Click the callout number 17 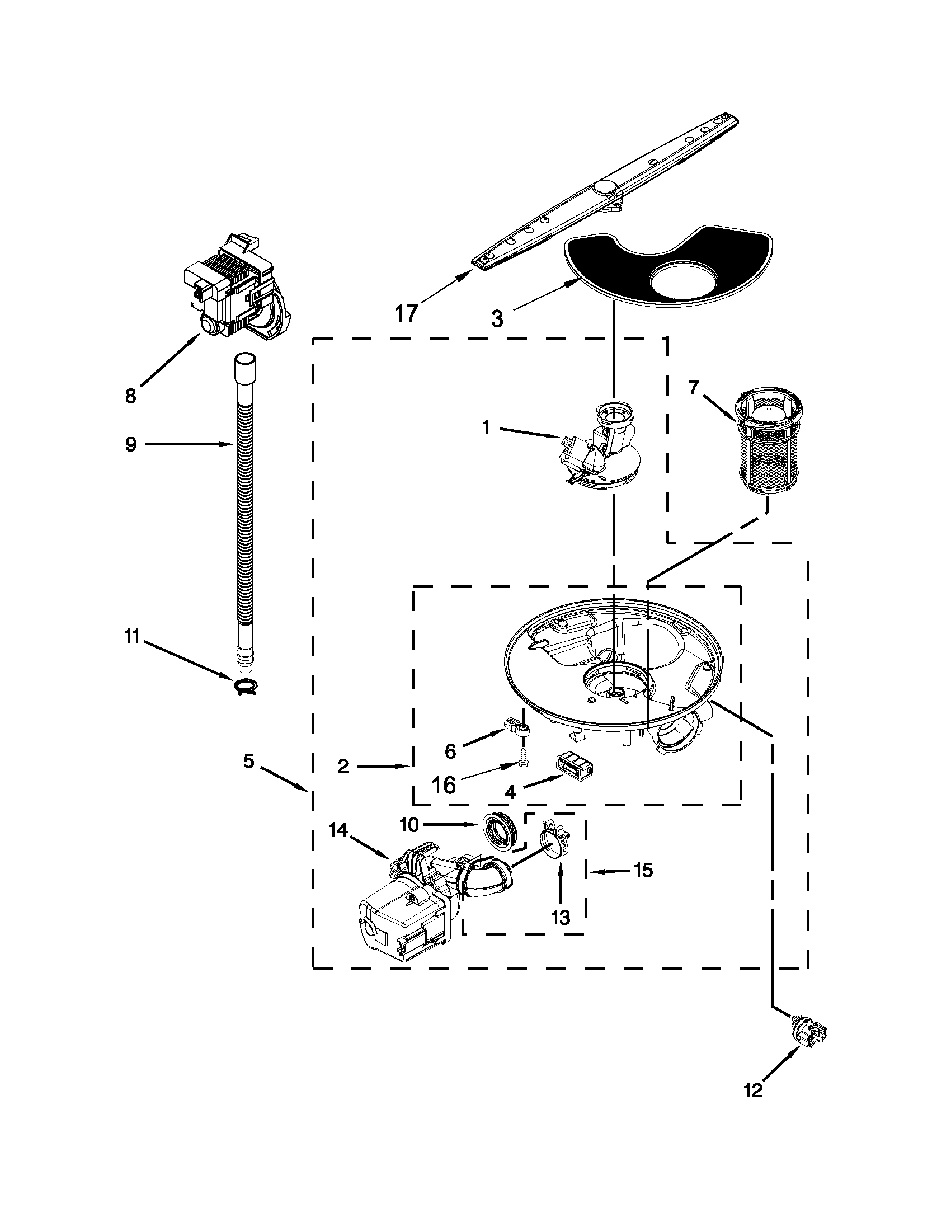click(406, 313)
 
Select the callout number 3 click(496, 320)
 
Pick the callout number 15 click(643, 870)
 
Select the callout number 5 click(249, 762)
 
